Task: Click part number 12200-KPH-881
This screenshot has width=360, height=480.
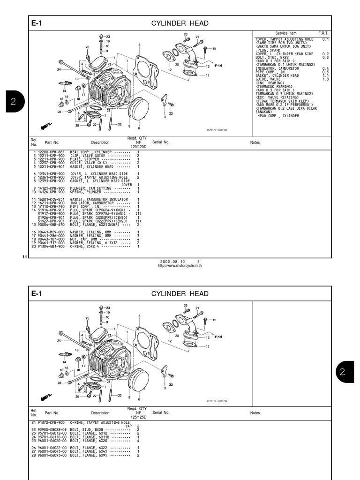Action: [52, 152]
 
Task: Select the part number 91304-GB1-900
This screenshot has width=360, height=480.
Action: [52, 247]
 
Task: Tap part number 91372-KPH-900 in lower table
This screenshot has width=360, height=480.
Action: [52, 422]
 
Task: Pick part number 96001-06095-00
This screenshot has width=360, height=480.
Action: [52, 455]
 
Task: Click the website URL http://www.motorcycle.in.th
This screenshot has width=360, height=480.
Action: [180, 265]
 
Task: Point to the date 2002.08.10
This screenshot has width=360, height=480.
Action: [173, 262]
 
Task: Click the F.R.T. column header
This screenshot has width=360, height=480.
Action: [323, 33]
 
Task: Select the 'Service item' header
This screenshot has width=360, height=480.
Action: [286, 33]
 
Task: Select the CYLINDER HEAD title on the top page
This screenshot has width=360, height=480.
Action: [180, 23]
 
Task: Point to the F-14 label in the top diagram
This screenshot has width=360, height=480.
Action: [218, 66]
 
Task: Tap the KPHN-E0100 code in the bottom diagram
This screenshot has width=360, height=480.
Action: [217, 401]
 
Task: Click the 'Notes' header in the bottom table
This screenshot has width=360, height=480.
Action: [255, 413]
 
